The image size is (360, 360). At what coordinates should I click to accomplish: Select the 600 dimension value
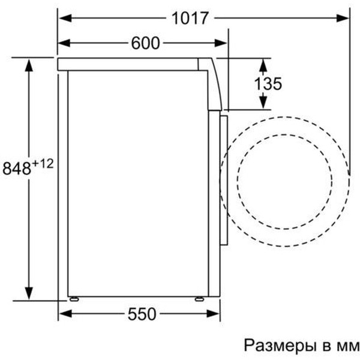click(144, 43)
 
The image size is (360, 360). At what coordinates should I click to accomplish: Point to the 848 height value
click(16, 168)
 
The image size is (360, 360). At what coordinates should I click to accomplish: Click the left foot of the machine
click(74, 298)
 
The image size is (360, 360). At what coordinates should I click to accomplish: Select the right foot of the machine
click(199, 298)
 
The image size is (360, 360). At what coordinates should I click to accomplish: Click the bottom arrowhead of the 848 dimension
click(28, 292)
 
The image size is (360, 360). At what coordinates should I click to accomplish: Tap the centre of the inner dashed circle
click(284, 181)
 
